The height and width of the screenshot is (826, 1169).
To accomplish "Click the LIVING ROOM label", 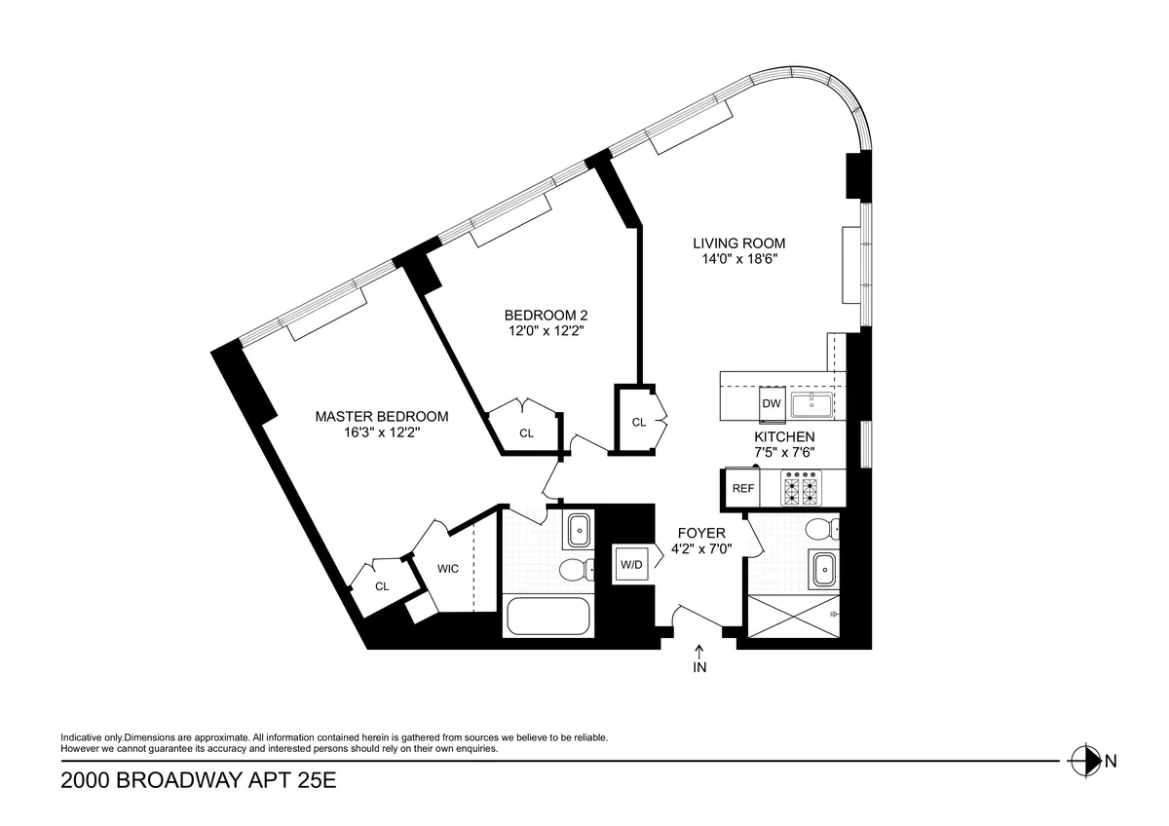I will coord(738,243).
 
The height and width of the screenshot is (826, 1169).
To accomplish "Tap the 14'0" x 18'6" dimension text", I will coord(738,259).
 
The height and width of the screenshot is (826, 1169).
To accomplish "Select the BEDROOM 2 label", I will coord(546,315).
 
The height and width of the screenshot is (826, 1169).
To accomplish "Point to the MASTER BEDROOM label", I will coord(382,416).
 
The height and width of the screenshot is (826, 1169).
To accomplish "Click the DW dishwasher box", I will coord(771,403).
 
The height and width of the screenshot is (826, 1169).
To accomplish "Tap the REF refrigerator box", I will coord(743,489).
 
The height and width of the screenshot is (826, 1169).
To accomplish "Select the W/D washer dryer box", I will coord(630,564).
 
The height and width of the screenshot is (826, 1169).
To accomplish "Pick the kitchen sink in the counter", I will coord(810,403).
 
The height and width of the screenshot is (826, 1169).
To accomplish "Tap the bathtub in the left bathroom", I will coord(548,618).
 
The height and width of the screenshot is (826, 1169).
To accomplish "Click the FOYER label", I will coord(701,533).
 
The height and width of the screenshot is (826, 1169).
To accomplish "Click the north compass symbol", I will coord(1082,761).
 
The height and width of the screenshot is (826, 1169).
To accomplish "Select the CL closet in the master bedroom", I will coord(382,586).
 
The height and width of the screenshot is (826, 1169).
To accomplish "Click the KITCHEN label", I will coord(784,437).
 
